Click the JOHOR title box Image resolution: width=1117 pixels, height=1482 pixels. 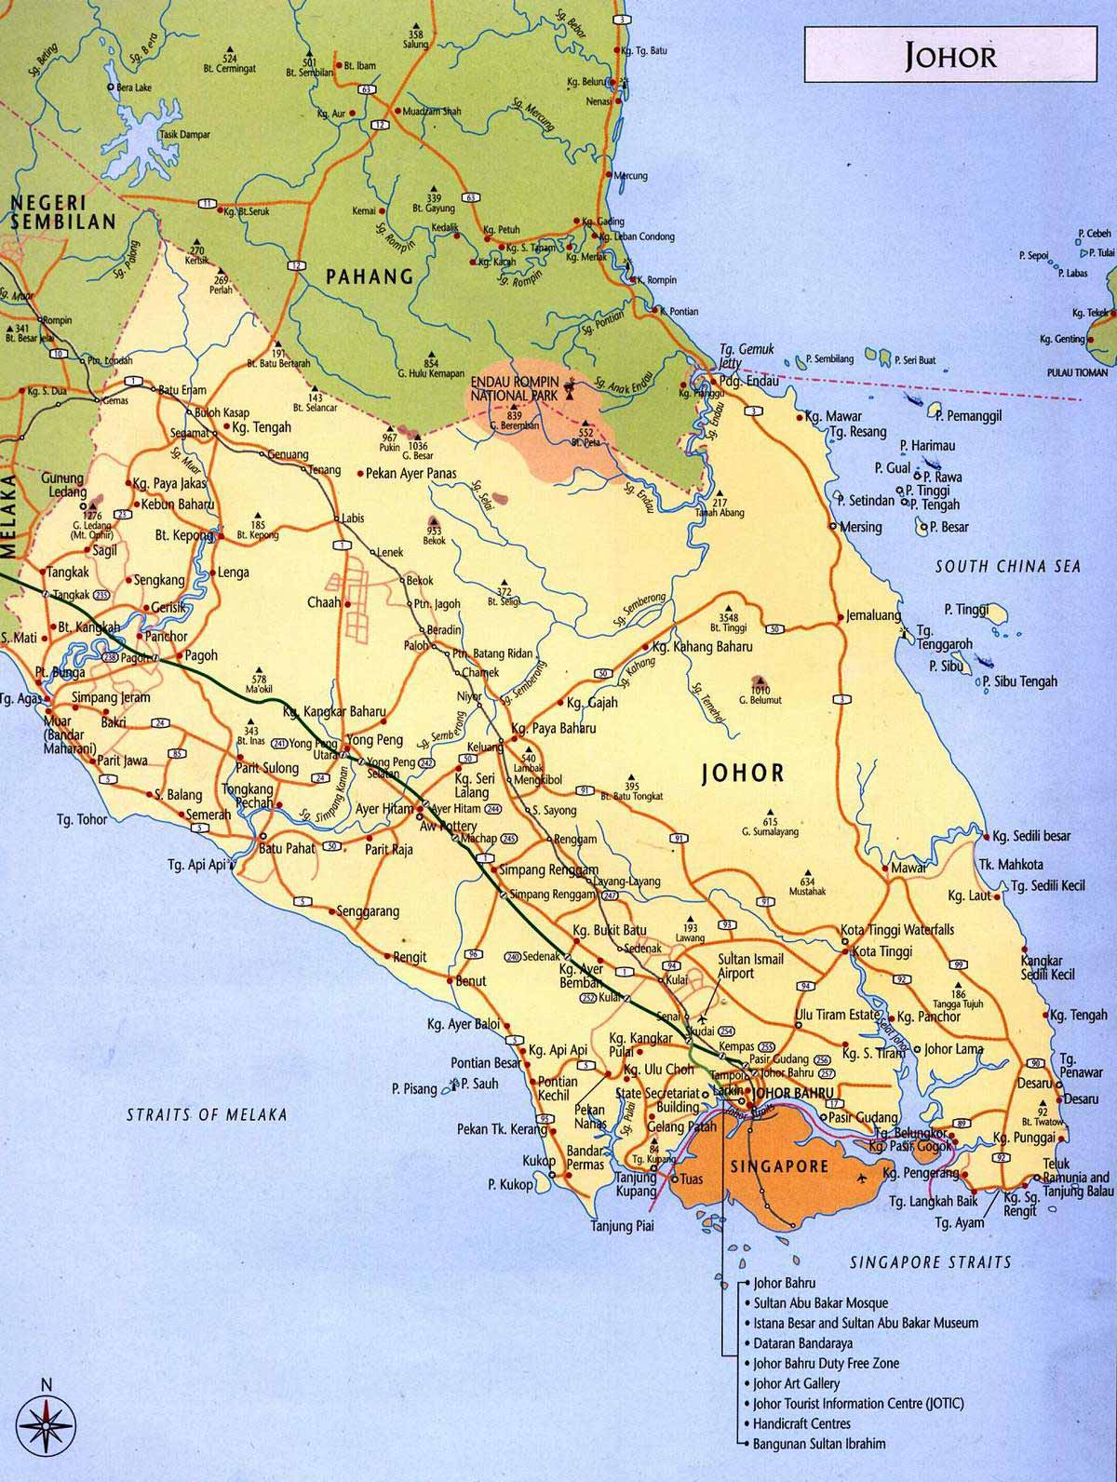(950, 55)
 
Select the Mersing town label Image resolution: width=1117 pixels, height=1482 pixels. (860, 527)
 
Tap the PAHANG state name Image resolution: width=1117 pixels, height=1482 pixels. (368, 276)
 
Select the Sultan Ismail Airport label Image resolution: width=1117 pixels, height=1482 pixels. (750, 965)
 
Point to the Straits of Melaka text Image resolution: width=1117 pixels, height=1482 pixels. (207, 1114)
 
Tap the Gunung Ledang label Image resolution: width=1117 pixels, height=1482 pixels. (62, 485)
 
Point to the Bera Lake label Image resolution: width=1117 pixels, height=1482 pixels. (134, 87)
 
